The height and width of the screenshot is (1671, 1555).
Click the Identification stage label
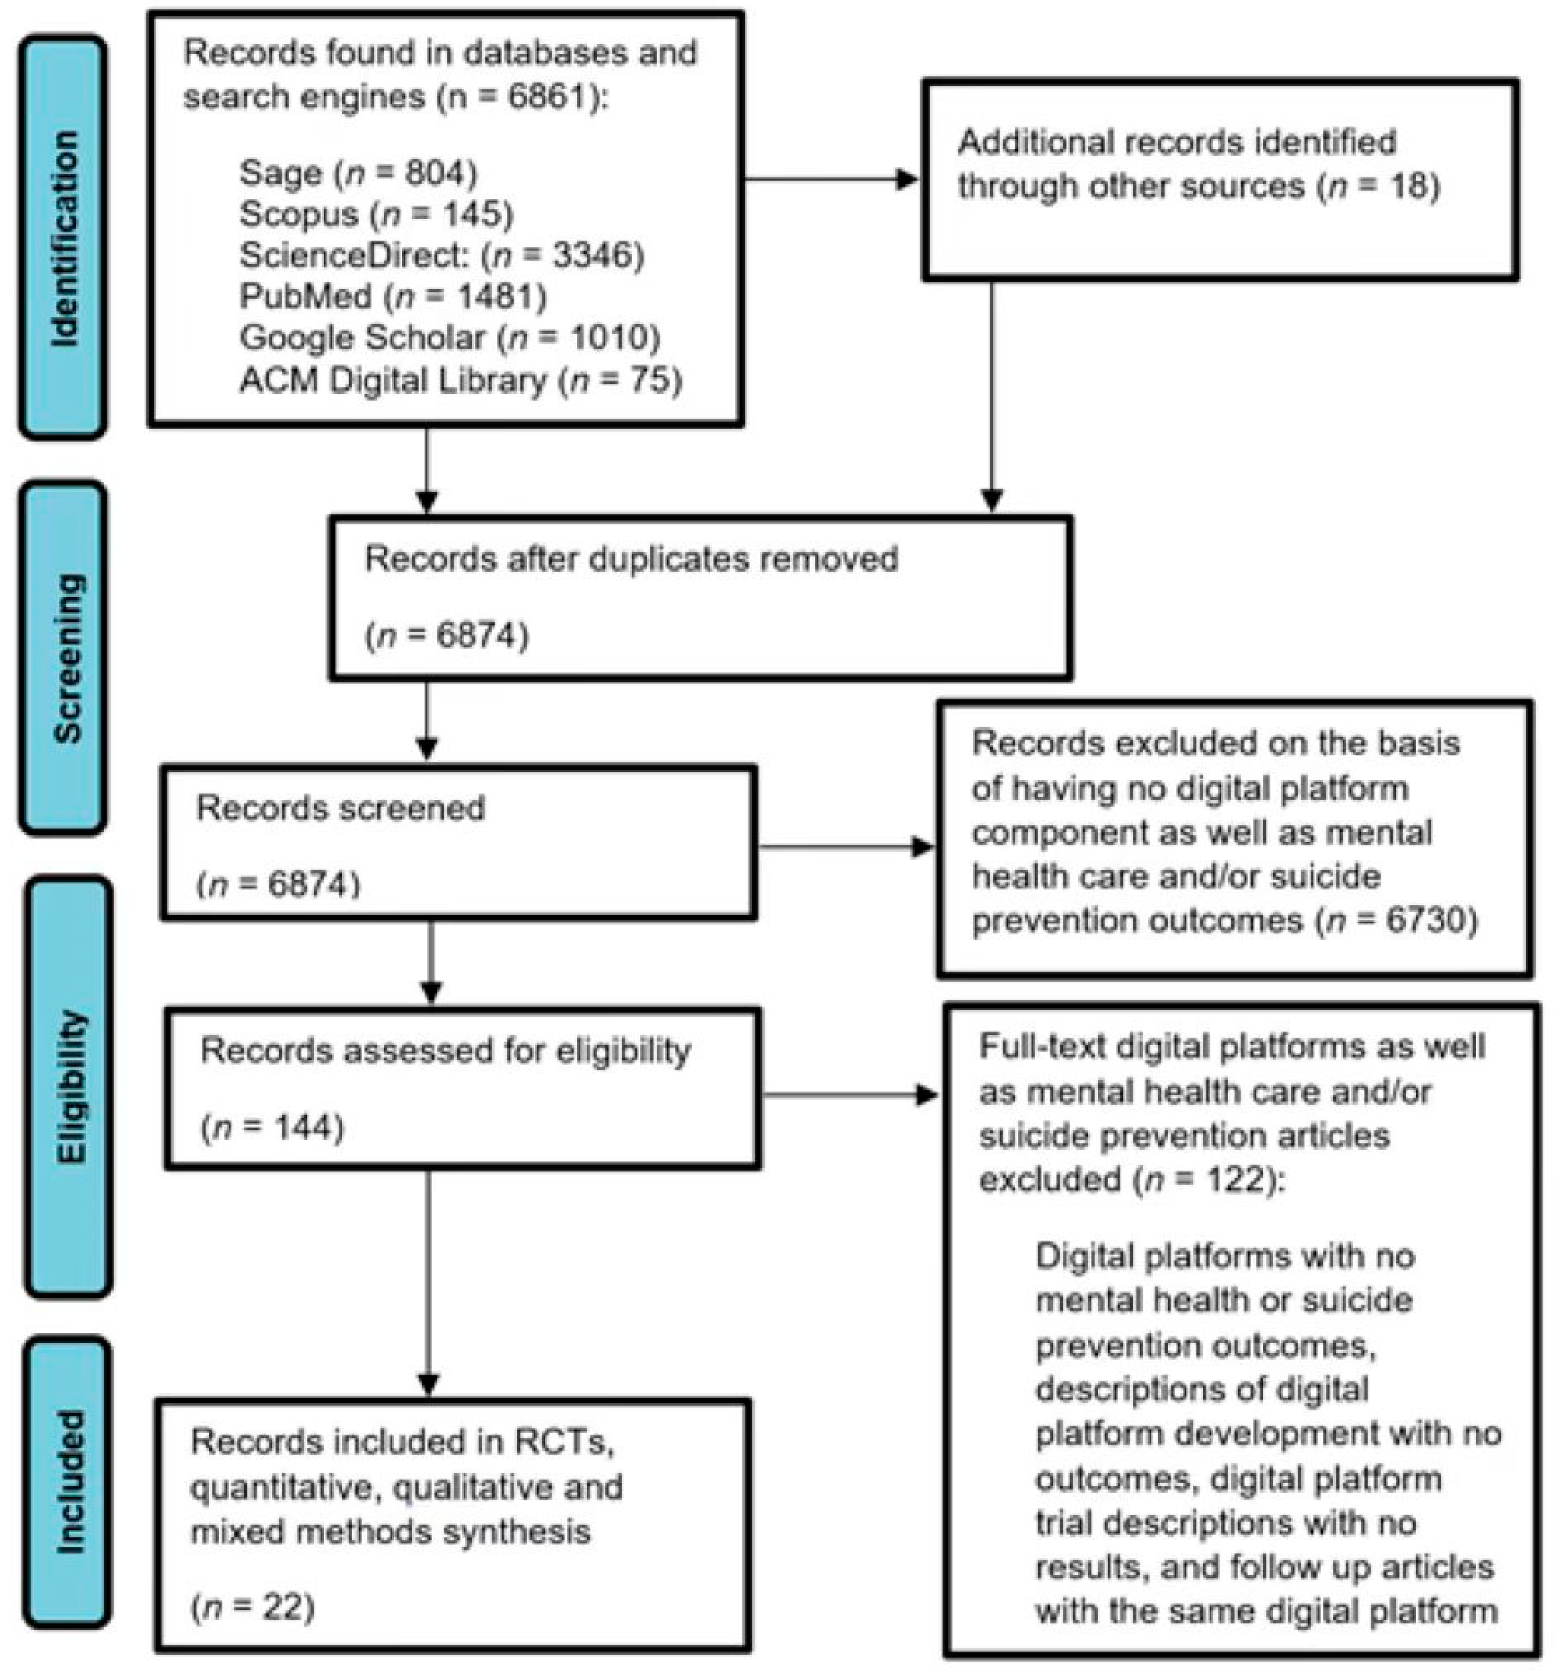(x=64, y=238)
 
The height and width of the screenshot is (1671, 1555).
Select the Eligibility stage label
(x=69, y=1086)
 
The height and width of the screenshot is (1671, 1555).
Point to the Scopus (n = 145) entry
(x=376, y=214)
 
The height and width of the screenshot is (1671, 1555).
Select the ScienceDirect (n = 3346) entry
(x=441, y=255)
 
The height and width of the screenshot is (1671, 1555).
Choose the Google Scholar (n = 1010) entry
(x=450, y=338)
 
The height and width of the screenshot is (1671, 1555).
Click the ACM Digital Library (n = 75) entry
(x=460, y=380)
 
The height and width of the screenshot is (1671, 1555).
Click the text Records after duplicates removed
(x=631, y=559)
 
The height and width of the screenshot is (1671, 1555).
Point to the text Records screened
(x=341, y=808)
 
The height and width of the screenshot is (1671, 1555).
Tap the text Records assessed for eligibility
(x=445, y=1051)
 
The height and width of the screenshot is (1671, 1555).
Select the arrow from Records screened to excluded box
(x=845, y=847)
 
